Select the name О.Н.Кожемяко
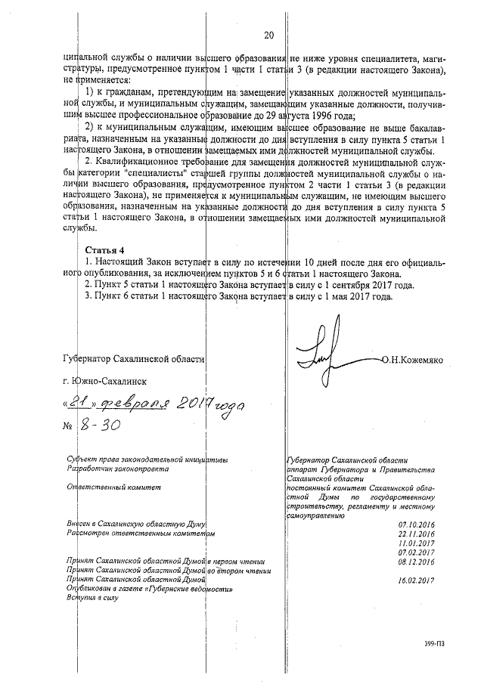click(x=423, y=361)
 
